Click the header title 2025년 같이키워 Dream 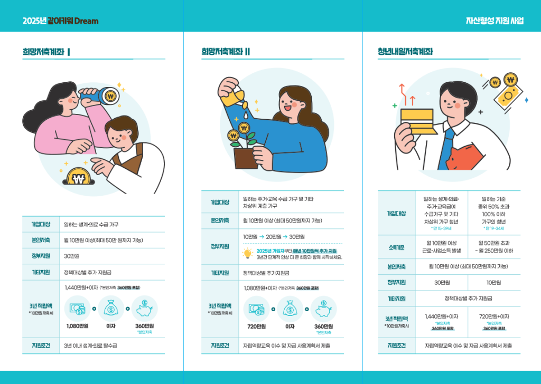tap(60, 21)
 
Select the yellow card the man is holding tap(418, 121)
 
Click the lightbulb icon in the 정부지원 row tap(247, 254)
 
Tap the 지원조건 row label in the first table tap(41, 345)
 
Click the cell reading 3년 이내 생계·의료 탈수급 tap(90, 345)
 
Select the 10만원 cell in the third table tap(493, 283)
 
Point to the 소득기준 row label tap(396, 247)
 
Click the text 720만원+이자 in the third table tap(494, 316)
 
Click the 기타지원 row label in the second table tap(220, 273)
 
